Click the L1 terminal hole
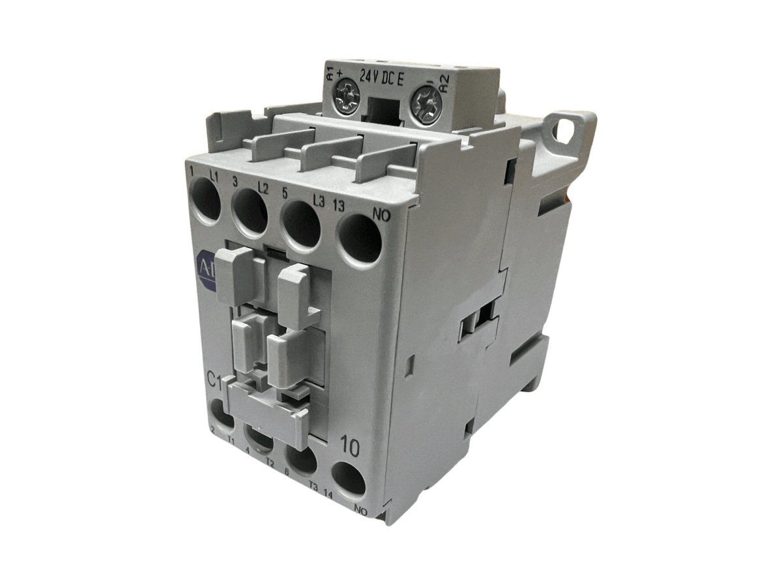[206, 198]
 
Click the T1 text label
[231, 442]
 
